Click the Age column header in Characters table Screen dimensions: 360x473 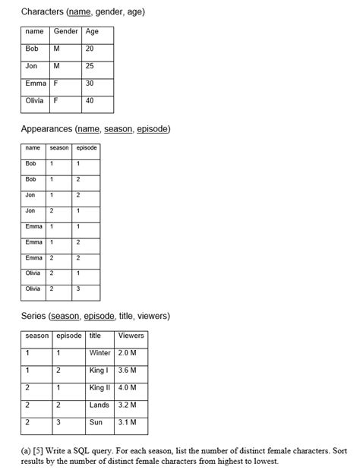click(93, 32)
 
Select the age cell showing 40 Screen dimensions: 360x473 click(90, 100)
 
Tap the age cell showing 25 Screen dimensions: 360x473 click(90, 66)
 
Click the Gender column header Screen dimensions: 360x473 click(65, 32)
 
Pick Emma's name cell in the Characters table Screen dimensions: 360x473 click(36, 84)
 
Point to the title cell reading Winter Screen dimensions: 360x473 click(99, 353)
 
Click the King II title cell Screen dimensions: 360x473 click(99, 388)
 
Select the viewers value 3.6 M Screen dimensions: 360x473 click(128, 371)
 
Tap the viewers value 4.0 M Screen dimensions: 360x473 click(128, 388)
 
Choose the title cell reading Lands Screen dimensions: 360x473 click(99, 405)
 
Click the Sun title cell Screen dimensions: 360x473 click(96, 422)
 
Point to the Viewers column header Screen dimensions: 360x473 click(131, 336)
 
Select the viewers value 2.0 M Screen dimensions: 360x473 click(128, 353)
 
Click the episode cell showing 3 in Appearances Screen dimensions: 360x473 click(77, 289)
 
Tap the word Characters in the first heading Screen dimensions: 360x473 click(43, 12)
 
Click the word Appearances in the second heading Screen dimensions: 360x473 click(46, 129)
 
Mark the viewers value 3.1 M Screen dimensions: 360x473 click(128, 422)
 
